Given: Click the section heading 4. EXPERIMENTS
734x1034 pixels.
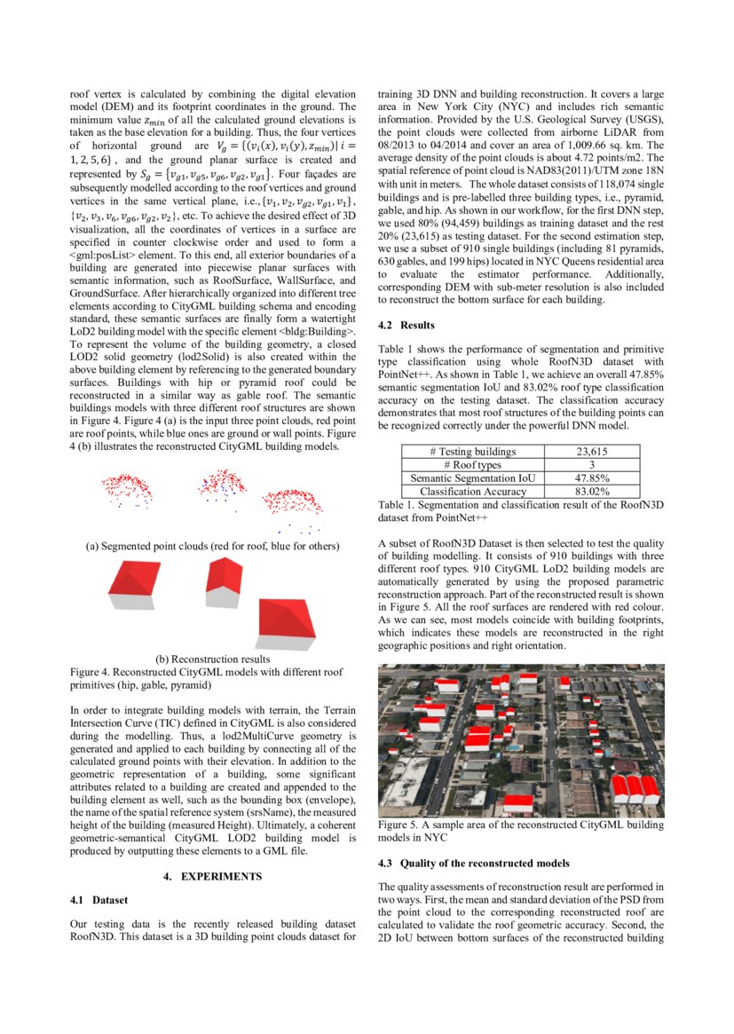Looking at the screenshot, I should click(x=213, y=877).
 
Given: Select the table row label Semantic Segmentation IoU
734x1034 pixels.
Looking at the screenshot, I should click(x=472, y=478).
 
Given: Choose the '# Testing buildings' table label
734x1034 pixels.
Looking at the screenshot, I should click(x=472, y=452).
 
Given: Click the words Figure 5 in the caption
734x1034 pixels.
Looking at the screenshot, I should click(x=399, y=825).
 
